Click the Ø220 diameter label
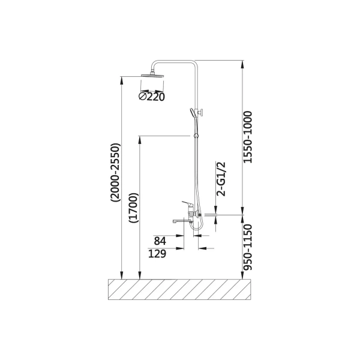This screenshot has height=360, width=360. (152, 97)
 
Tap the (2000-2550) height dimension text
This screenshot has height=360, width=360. (115, 173)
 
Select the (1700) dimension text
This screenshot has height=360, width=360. (134, 208)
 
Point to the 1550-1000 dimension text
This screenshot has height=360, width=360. (247, 137)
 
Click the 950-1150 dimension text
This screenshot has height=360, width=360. (247, 247)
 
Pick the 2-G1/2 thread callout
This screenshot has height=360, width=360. (221, 179)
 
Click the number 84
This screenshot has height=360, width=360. (160, 241)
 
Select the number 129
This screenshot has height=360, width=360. (157, 254)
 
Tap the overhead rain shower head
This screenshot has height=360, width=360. (152, 75)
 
